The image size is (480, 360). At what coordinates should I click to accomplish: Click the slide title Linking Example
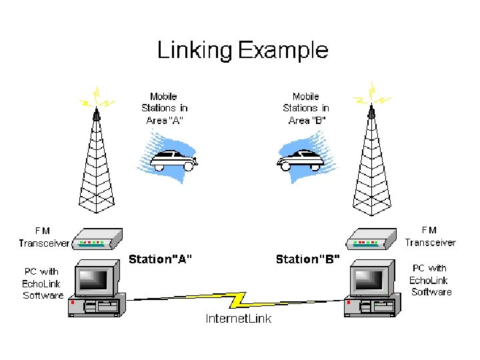[242, 51]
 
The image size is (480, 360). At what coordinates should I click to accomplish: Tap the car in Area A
[172, 159]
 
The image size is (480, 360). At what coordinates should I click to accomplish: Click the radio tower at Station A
[97, 167]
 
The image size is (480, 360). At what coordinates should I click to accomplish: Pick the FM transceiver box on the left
[96, 239]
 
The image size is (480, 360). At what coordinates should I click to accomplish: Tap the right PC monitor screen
[370, 281]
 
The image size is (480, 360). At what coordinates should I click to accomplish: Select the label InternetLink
[238, 319]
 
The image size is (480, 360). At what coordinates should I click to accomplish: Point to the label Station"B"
[308, 259]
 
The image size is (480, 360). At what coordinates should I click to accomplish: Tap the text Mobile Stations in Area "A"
[165, 109]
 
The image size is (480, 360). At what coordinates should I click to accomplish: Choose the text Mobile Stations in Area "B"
[306, 109]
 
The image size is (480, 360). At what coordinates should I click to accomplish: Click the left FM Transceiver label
[43, 237]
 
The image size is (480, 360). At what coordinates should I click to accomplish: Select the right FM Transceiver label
[430, 237]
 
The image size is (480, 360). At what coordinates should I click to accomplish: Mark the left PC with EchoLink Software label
[43, 283]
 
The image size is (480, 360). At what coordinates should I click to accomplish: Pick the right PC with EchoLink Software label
[430, 280]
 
